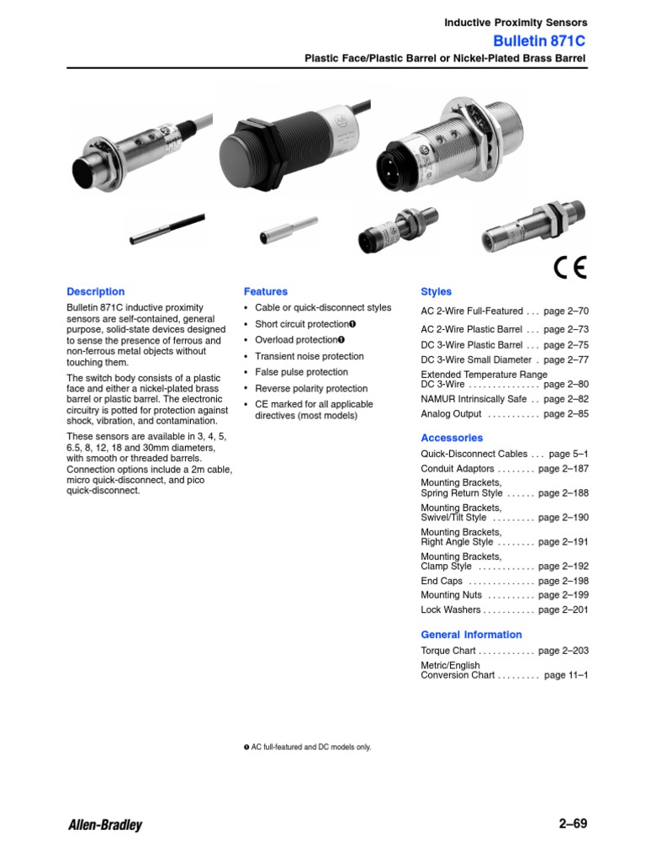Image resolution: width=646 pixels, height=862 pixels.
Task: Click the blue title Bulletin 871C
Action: coord(540,41)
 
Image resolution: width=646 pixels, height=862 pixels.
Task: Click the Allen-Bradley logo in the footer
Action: coord(104,825)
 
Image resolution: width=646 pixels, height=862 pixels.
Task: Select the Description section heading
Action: coord(95,292)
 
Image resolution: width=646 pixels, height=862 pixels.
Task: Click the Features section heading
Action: coord(265,292)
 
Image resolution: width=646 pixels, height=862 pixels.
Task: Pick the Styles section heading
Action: coord(436,292)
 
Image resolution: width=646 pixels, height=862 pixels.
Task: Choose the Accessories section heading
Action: coord(452,438)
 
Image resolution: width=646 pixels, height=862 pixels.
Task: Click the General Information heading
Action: coord(471,635)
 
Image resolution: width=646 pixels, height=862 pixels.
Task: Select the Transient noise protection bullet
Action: coord(309,356)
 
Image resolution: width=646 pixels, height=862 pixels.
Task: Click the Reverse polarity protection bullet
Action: coord(311,388)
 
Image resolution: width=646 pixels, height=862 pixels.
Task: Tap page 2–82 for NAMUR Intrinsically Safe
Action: coord(566,399)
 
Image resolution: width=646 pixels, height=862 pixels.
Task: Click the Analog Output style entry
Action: coord(451,414)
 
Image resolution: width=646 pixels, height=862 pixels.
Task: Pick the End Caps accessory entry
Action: coord(442,581)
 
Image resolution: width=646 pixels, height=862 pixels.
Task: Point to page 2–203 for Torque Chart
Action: coord(563,651)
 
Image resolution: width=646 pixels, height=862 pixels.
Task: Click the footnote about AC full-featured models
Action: coord(307,747)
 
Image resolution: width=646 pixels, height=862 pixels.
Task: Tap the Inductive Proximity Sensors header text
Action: coord(516,23)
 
